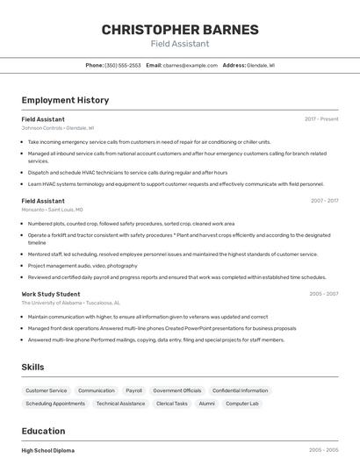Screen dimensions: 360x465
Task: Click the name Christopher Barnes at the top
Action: click(180, 30)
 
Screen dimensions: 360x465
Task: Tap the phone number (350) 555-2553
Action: click(123, 65)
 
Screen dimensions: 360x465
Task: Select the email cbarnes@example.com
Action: click(191, 65)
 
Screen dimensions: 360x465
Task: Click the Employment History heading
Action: click(65, 100)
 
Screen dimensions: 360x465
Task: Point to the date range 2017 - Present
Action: click(321, 118)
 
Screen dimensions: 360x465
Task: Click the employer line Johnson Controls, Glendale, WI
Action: click(58, 127)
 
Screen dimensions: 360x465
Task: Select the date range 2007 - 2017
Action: click(324, 201)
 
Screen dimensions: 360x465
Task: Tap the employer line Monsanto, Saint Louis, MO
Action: click(53, 210)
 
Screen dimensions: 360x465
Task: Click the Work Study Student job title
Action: click(51, 294)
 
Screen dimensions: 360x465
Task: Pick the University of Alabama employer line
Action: click(70, 303)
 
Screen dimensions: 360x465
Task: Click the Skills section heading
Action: click(33, 367)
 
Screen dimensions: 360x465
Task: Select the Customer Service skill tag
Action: click(46, 390)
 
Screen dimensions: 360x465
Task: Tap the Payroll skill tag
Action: click(133, 390)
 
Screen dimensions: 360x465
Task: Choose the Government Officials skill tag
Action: click(176, 390)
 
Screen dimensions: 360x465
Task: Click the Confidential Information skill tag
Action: click(240, 390)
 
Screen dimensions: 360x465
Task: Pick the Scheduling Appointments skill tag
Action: click(55, 404)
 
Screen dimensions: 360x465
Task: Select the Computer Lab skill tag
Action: click(241, 404)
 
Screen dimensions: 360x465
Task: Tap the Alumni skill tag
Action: click(206, 404)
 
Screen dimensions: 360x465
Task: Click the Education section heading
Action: click(43, 432)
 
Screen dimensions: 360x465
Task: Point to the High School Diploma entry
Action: click(48, 450)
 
